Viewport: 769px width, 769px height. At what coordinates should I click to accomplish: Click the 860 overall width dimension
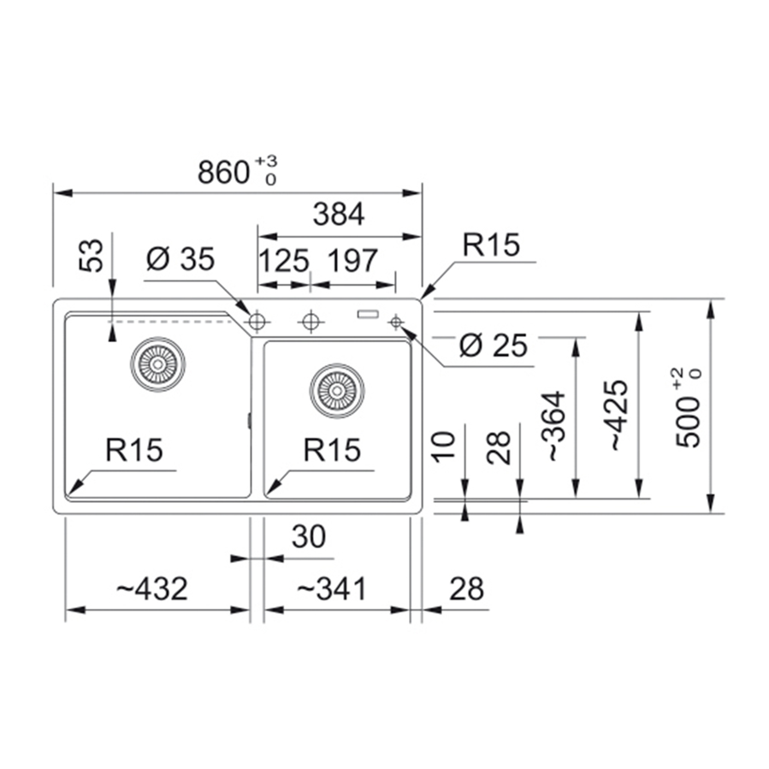[227, 172]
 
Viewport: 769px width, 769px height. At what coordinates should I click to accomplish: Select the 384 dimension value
[339, 215]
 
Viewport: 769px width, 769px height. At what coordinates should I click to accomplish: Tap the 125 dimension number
[283, 259]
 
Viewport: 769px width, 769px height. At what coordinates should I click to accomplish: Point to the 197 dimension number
[350, 259]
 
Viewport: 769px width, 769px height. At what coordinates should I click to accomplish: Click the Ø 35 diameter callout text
[180, 259]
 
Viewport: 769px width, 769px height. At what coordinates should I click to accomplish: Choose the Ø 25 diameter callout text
[493, 346]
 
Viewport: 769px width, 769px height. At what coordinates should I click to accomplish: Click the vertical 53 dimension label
[94, 255]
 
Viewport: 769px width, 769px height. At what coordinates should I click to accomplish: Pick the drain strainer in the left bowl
[157, 364]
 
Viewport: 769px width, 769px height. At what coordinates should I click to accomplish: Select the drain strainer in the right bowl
[337, 390]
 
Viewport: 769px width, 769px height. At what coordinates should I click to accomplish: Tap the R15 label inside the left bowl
[134, 450]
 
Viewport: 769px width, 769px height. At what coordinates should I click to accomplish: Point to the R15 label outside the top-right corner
[491, 245]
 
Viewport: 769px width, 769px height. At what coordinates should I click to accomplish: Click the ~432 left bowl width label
[151, 589]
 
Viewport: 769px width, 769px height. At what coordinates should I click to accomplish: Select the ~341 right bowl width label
[331, 589]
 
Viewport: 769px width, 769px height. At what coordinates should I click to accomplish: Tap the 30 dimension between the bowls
[309, 537]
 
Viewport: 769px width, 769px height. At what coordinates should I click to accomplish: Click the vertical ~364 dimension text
[554, 427]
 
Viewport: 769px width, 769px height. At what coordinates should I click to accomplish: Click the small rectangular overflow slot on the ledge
[369, 314]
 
